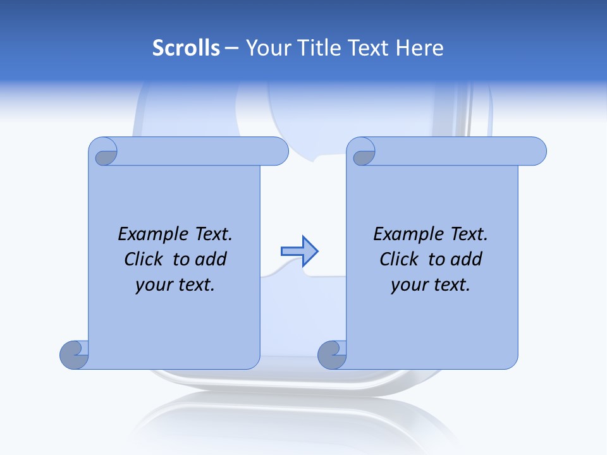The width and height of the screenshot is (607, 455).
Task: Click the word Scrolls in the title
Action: point(186,48)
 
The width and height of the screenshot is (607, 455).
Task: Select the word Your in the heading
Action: point(265,48)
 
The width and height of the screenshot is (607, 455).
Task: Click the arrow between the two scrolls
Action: point(299,251)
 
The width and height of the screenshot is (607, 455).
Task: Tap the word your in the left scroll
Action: point(153,285)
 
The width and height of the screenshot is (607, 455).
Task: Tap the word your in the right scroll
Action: point(408,285)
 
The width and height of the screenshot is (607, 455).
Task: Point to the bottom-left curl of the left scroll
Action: point(75,355)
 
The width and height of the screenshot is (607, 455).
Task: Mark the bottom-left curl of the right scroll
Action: point(332,355)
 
